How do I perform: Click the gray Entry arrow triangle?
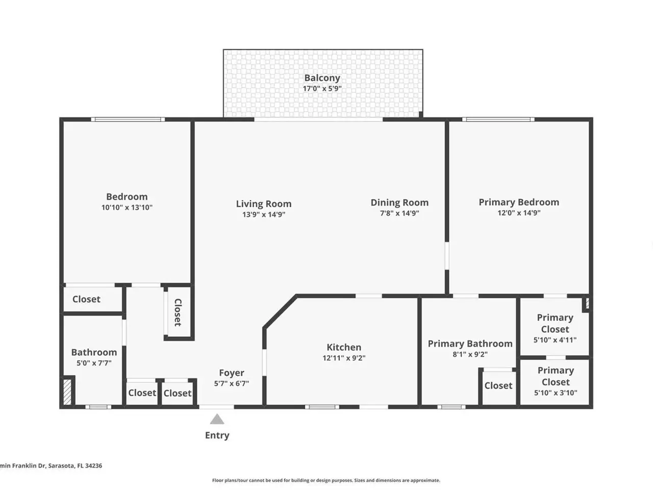[217, 419]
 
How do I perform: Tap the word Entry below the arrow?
[217, 435]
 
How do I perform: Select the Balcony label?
[322, 78]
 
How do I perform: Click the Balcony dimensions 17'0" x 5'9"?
[322, 88]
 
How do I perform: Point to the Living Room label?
[264, 204]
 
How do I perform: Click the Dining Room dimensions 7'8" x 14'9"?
[399, 213]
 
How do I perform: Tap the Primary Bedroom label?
[519, 202]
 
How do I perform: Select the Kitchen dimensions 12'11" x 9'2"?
[344, 358]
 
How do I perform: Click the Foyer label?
[232, 373]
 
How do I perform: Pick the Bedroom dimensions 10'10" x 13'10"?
[127, 207]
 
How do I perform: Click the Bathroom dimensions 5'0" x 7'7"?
[94, 363]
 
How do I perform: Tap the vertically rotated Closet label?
[178, 312]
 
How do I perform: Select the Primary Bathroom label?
[470, 344]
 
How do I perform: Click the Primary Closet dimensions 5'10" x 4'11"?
[555, 340]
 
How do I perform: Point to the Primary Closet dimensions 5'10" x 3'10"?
[556, 393]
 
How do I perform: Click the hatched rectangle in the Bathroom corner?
[67, 391]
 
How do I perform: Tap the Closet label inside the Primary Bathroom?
[498, 385]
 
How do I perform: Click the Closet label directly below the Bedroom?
[86, 299]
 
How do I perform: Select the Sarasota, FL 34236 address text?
[76, 465]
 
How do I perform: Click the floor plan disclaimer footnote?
[326, 480]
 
